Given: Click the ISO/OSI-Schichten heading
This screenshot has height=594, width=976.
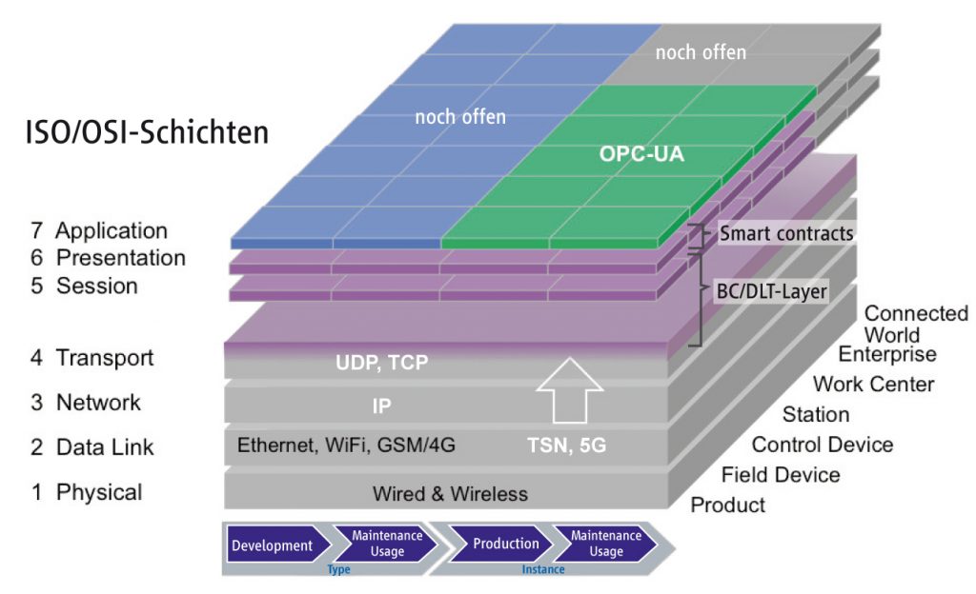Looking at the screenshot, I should click(x=147, y=132).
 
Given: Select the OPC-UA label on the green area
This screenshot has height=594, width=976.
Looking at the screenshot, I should click(x=642, y=153).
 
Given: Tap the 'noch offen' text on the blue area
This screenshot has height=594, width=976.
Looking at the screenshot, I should click(x=460, y=117).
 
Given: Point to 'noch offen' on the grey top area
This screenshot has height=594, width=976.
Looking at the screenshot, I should click(x=701, y=52).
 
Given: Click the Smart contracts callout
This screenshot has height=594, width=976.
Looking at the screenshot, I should click(x=786, y=232).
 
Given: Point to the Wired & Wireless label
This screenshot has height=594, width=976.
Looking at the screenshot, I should click(x=450, y=493).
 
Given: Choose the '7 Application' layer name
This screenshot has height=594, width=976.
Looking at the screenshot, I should click(x=98, y=230).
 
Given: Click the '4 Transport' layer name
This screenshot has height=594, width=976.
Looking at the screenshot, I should click(x=91, y=358).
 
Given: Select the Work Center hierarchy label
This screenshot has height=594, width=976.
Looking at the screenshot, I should click(x=873, y=385).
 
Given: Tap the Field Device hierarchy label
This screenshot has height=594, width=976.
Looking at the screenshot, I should click(x=781, y=474).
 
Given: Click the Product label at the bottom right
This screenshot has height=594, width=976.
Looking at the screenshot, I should click(x=727, y=505).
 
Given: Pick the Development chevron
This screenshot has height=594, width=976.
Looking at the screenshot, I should click(x=272, y=545).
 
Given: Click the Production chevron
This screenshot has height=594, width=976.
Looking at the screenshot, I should click(x=506, y=544).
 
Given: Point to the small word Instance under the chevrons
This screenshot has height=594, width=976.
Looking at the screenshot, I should click(x=542, y=569).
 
